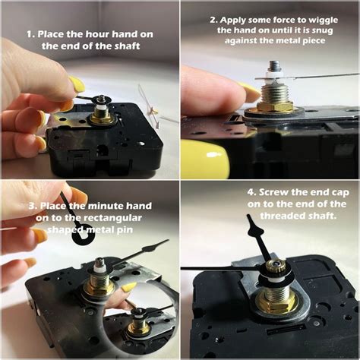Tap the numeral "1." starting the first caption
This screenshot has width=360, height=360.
click(x=30, y=34)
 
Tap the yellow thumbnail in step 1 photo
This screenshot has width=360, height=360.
click(x=77, y=84)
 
